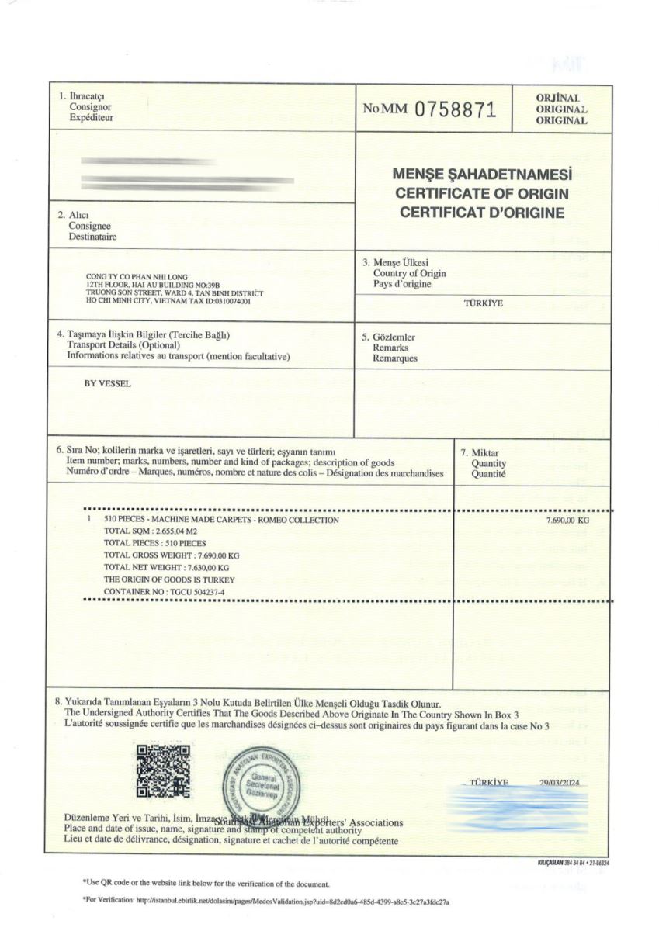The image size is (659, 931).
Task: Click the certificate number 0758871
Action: (x=455, y=109)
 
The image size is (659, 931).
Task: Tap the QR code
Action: (x=163, y=771)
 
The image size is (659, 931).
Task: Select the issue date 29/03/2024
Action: (x=560, y=783)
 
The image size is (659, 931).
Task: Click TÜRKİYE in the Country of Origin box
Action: (x=483, y=303)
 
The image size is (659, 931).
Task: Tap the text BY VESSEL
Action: (x=107, y=383)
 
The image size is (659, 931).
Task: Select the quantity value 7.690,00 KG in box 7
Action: (x=568, y=521)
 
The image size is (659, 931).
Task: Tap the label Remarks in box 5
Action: (x=390, y=348)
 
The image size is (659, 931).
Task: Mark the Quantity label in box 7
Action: (x=487, y=464)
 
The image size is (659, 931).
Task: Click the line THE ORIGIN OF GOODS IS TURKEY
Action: (x=169, y=580)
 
